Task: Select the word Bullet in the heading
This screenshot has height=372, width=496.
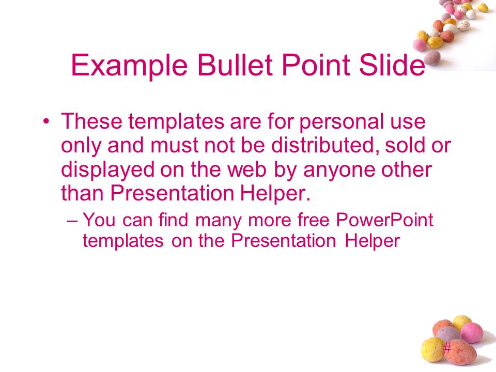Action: point(235,65)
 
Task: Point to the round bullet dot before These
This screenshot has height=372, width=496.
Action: point(46,121)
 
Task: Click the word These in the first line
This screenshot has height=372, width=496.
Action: point(92,121)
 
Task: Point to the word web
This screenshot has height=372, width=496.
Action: point(247,169)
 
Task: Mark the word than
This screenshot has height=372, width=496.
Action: point(82,193)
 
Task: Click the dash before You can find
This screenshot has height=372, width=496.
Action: point(72,221)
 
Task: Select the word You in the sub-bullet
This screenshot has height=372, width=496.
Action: point(99,220)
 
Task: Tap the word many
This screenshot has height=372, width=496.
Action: point(219,221)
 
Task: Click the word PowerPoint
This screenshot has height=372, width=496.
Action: point(384,220)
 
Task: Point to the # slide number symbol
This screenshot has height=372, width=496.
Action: point(446,348)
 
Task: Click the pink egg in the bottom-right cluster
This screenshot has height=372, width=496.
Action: point(472,332)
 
